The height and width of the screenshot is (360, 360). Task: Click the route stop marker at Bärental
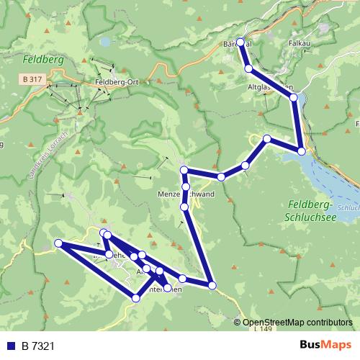[x=240, y=42]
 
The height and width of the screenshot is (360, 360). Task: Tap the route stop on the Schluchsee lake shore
[x=302, y=151]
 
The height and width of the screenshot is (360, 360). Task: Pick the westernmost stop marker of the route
[x=58, y=243]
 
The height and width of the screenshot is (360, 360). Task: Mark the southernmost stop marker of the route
[x=136, y=297]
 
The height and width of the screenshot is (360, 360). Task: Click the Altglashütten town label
[x=270, y=88]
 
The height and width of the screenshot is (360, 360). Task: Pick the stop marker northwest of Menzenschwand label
[x=184, y=171]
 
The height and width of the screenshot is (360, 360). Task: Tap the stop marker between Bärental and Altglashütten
[x=248, y=68]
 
